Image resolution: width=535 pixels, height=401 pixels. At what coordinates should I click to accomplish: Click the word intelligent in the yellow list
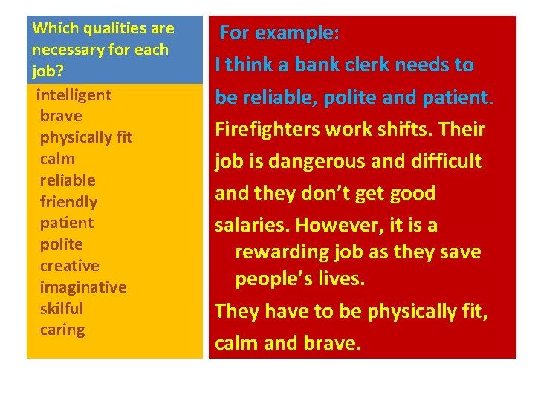[74, 95]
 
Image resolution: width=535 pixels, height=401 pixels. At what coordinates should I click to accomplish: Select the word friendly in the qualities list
[68, 202]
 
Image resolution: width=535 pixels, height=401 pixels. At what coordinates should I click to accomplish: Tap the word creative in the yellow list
[69, 266]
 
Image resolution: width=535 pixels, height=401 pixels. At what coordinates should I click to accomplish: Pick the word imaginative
[82, 287]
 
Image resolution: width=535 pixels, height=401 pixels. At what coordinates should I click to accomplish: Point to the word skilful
[61, 309]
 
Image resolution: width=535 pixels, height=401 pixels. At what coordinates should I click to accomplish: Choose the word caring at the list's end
[62, 330]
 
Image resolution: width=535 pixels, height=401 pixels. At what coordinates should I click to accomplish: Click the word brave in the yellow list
[61, 117]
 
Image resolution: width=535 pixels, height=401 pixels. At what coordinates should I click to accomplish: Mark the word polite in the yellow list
[61, 244]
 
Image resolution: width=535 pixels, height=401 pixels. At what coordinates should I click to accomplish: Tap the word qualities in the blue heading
[108, 29]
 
